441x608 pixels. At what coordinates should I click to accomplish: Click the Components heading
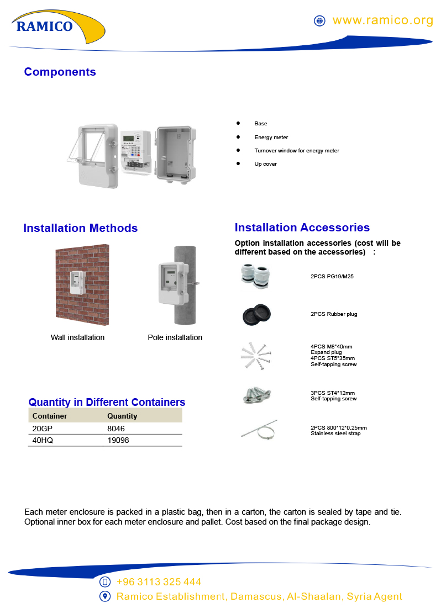[60, 72]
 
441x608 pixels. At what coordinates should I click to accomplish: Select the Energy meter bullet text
[271, 137]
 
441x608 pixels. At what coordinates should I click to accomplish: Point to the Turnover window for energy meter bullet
[297, 150]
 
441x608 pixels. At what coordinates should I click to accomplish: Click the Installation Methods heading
[80, 228]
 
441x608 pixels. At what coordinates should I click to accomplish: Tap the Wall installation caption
[77, 337]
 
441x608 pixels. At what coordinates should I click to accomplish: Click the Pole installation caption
[175, 337]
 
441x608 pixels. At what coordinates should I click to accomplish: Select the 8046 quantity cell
[117, 429]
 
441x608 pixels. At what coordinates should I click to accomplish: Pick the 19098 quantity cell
[118, 440]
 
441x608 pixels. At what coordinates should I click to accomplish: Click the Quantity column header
[122, 416]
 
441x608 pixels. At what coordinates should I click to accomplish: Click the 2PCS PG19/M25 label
[332, 276]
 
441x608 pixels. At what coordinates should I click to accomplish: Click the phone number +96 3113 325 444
[159, 582]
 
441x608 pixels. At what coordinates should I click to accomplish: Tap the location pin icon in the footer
[105, 596]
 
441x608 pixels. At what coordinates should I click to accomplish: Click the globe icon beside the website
[319, 21]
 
